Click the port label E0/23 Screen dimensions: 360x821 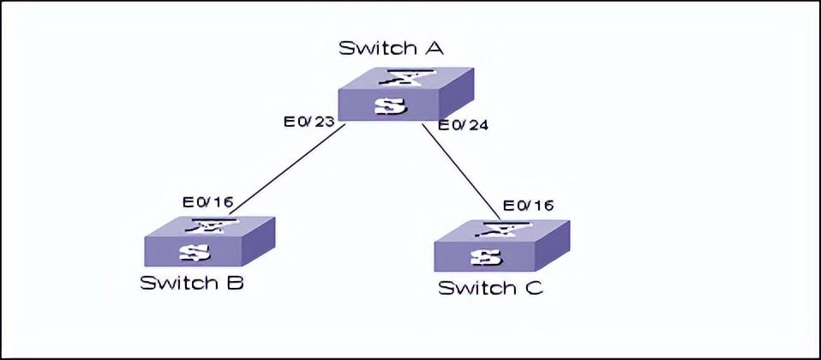309,123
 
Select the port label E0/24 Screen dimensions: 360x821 463,125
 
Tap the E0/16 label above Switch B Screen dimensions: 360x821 207,202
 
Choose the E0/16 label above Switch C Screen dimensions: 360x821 528,205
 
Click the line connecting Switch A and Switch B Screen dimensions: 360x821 287,169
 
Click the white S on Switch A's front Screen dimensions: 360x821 390,107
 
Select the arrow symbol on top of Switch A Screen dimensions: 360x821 403,80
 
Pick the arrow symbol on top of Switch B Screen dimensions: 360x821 207,227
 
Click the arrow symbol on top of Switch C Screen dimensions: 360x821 500,231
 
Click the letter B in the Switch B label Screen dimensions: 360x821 233,283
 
